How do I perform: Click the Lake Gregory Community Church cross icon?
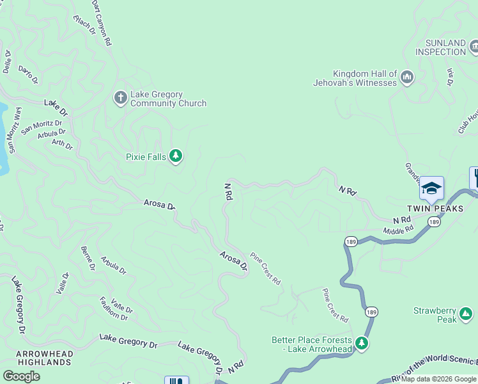click(120, 98)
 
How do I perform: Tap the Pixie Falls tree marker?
click(176, 156)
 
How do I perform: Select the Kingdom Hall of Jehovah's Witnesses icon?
click(407, 79)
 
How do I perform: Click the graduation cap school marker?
click(431, 188)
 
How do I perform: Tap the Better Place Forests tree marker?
click(362, 343)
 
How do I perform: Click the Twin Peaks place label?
click(431, 209)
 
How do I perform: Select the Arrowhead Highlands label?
click(44, 358)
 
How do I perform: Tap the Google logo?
click(21, 376)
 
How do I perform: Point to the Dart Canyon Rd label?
click(102, 22)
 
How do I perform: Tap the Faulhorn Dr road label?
click(113, 308)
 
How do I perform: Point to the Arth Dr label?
click(62, 145)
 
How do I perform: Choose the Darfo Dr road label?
click(28, 74)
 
